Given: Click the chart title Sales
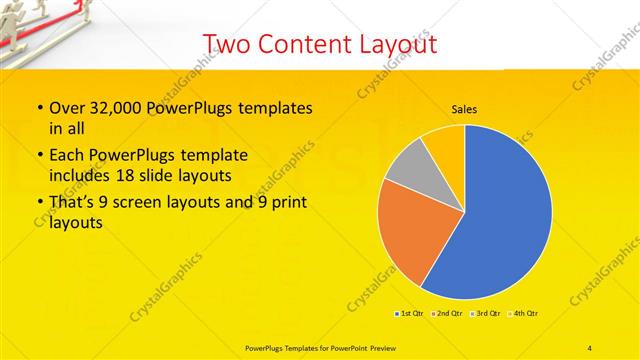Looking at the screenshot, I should coord(464,108).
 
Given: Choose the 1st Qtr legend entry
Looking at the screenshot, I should coord(409,313).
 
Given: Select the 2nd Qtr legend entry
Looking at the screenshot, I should coord(446,313).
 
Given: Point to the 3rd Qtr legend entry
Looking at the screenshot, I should coord(484,313).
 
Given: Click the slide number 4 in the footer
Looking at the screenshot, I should coord(590,347).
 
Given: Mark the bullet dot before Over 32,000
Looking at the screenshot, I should coord(39,109).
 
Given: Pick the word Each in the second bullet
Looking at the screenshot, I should coord(68,156).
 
